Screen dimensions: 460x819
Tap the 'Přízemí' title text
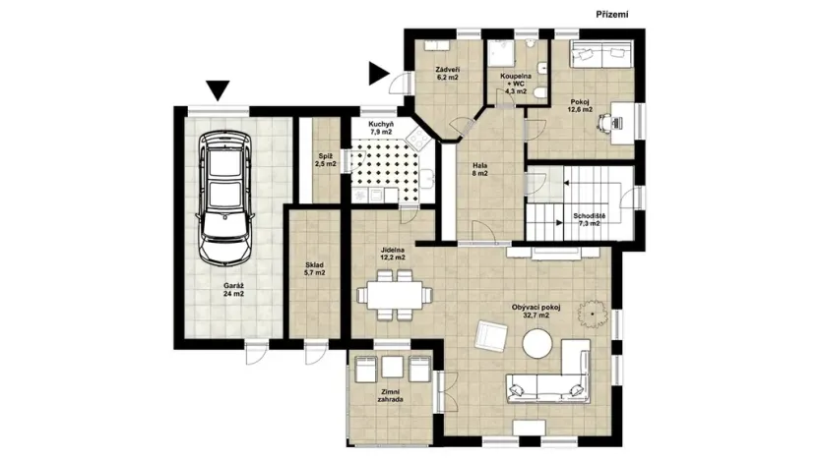click(612, 14)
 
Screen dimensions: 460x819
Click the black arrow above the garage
click(219, 91)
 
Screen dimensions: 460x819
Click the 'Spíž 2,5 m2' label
click(325, 160)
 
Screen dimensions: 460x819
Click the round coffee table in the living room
click(537, 343)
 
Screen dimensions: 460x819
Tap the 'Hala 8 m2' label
click(480, 169)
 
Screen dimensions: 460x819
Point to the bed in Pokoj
click(596, 55)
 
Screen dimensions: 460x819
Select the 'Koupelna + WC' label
click(516, 82)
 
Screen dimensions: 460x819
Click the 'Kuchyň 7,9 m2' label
click(381, 129)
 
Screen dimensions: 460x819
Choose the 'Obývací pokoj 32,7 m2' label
click(535, 312)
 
